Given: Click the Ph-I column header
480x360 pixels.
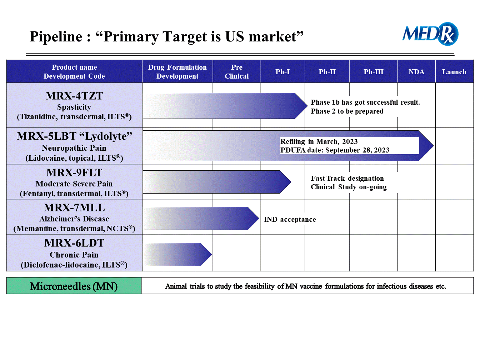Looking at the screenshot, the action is [282, 72].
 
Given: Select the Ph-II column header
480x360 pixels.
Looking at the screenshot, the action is [327, 72].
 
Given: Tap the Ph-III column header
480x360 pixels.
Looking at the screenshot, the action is [373, 72].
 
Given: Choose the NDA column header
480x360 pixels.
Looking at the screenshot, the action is [416, 72].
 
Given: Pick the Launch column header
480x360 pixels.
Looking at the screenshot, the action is [454, 72].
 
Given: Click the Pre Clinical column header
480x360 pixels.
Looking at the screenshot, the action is [236, 72].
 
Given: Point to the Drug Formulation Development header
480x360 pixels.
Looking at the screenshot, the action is [177, 72].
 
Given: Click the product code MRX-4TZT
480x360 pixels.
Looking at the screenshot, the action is [74, 96].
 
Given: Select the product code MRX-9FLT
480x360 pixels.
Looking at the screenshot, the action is [74, 172].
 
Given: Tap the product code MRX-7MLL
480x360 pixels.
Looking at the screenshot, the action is [74, 207].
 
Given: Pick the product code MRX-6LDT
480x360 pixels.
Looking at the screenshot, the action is [74, 243].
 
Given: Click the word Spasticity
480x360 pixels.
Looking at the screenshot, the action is [74, 107].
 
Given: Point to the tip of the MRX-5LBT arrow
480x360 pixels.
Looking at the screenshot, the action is [434, 146].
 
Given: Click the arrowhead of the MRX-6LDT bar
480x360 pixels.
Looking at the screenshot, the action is [206, 254].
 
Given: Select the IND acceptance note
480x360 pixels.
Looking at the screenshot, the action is [290, 219].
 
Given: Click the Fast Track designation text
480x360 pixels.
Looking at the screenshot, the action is [347, 178].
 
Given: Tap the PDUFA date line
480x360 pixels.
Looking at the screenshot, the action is [335, 150].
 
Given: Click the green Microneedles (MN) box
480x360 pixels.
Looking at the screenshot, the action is [74, 286].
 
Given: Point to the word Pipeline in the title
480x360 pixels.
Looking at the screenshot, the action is [56, 36].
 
